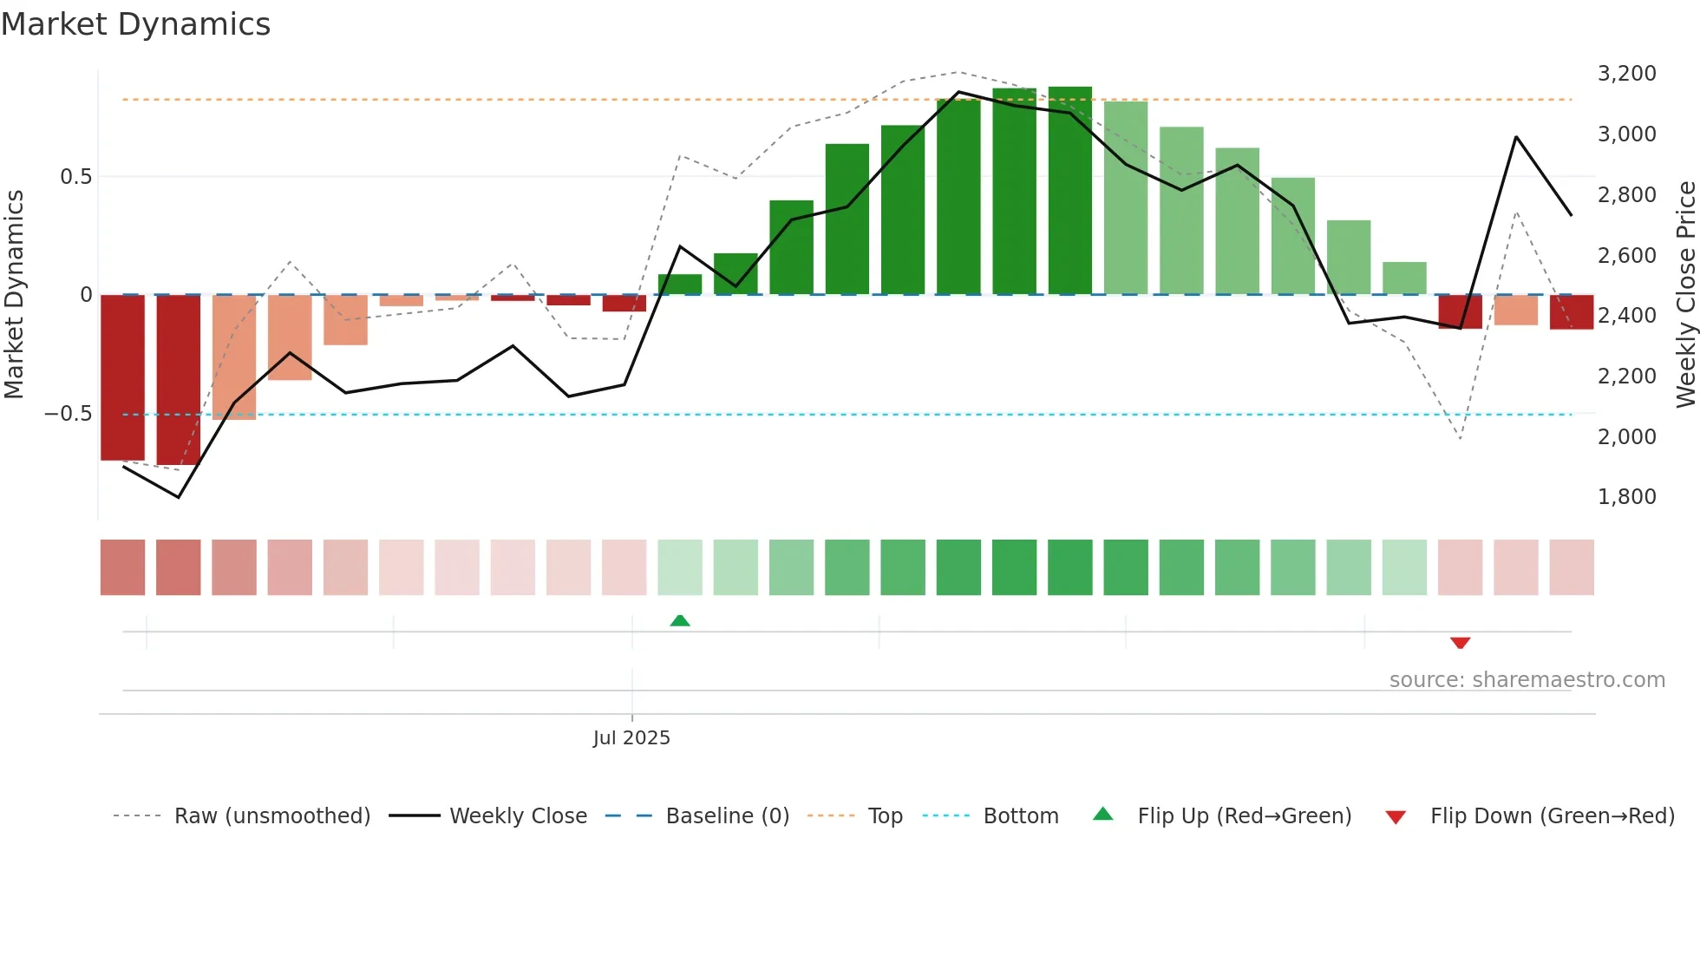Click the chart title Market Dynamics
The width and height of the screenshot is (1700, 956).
(x=136, y=24)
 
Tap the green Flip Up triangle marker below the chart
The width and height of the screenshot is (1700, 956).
(x=680, y=620)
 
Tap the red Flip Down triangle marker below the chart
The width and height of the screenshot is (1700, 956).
(x=1460, y=643)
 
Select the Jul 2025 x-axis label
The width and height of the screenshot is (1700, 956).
(x=631, y=737)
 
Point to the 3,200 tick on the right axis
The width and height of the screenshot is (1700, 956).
(x=1626, y=74)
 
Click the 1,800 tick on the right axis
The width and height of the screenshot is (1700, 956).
(x=1626, y=497)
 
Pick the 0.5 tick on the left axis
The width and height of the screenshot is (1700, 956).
(x=75, y=177)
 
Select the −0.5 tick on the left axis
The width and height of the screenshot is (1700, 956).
(x=69, y=414)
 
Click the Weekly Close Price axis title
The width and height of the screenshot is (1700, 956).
(x=1685, y=294)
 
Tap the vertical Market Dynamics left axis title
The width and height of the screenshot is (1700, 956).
(x=14, y=294)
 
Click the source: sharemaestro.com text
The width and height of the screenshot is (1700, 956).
(x=1527, y=680)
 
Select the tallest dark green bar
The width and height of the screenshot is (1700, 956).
(x=1069, y=191)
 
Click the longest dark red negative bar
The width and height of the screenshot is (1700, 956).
(x=178, y=380)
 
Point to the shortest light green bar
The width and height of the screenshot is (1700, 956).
(x=1404, y=278)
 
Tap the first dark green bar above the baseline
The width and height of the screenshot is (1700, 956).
(x=680, y=285)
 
